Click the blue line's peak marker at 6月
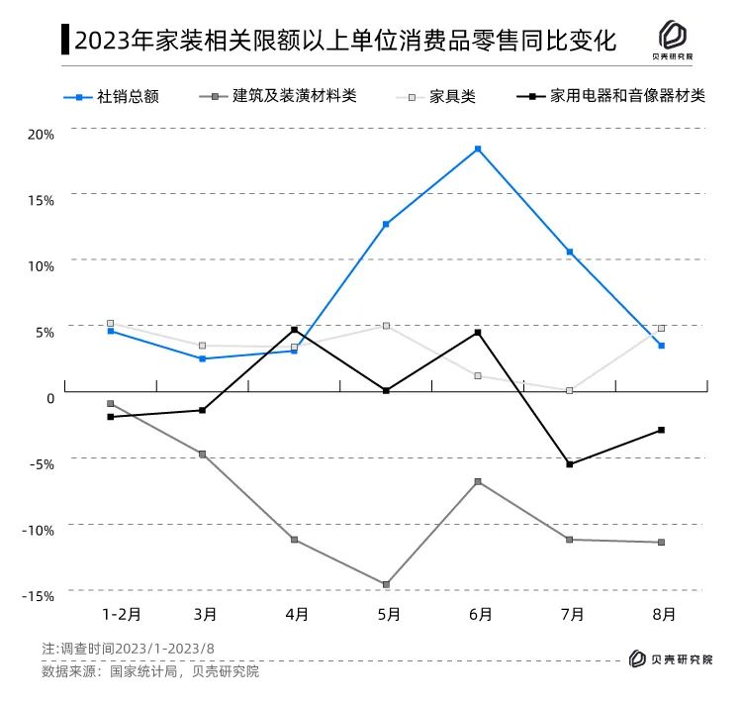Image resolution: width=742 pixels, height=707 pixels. (478, 150)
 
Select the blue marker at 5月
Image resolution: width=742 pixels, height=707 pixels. (386, 225)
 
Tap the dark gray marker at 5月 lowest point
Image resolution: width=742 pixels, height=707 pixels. (386, 584)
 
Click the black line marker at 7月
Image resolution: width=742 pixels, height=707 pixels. (569, 464)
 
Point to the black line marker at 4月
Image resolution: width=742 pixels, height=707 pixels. (294, 330)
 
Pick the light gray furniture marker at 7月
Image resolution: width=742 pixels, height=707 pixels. (569, 391)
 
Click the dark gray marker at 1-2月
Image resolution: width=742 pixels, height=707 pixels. (111, 404)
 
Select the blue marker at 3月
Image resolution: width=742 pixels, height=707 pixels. (202, 358)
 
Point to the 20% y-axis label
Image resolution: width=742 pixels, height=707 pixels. (40, 132)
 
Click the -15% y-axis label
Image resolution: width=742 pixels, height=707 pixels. (38, 595)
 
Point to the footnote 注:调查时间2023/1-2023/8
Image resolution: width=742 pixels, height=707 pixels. (129, 649)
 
